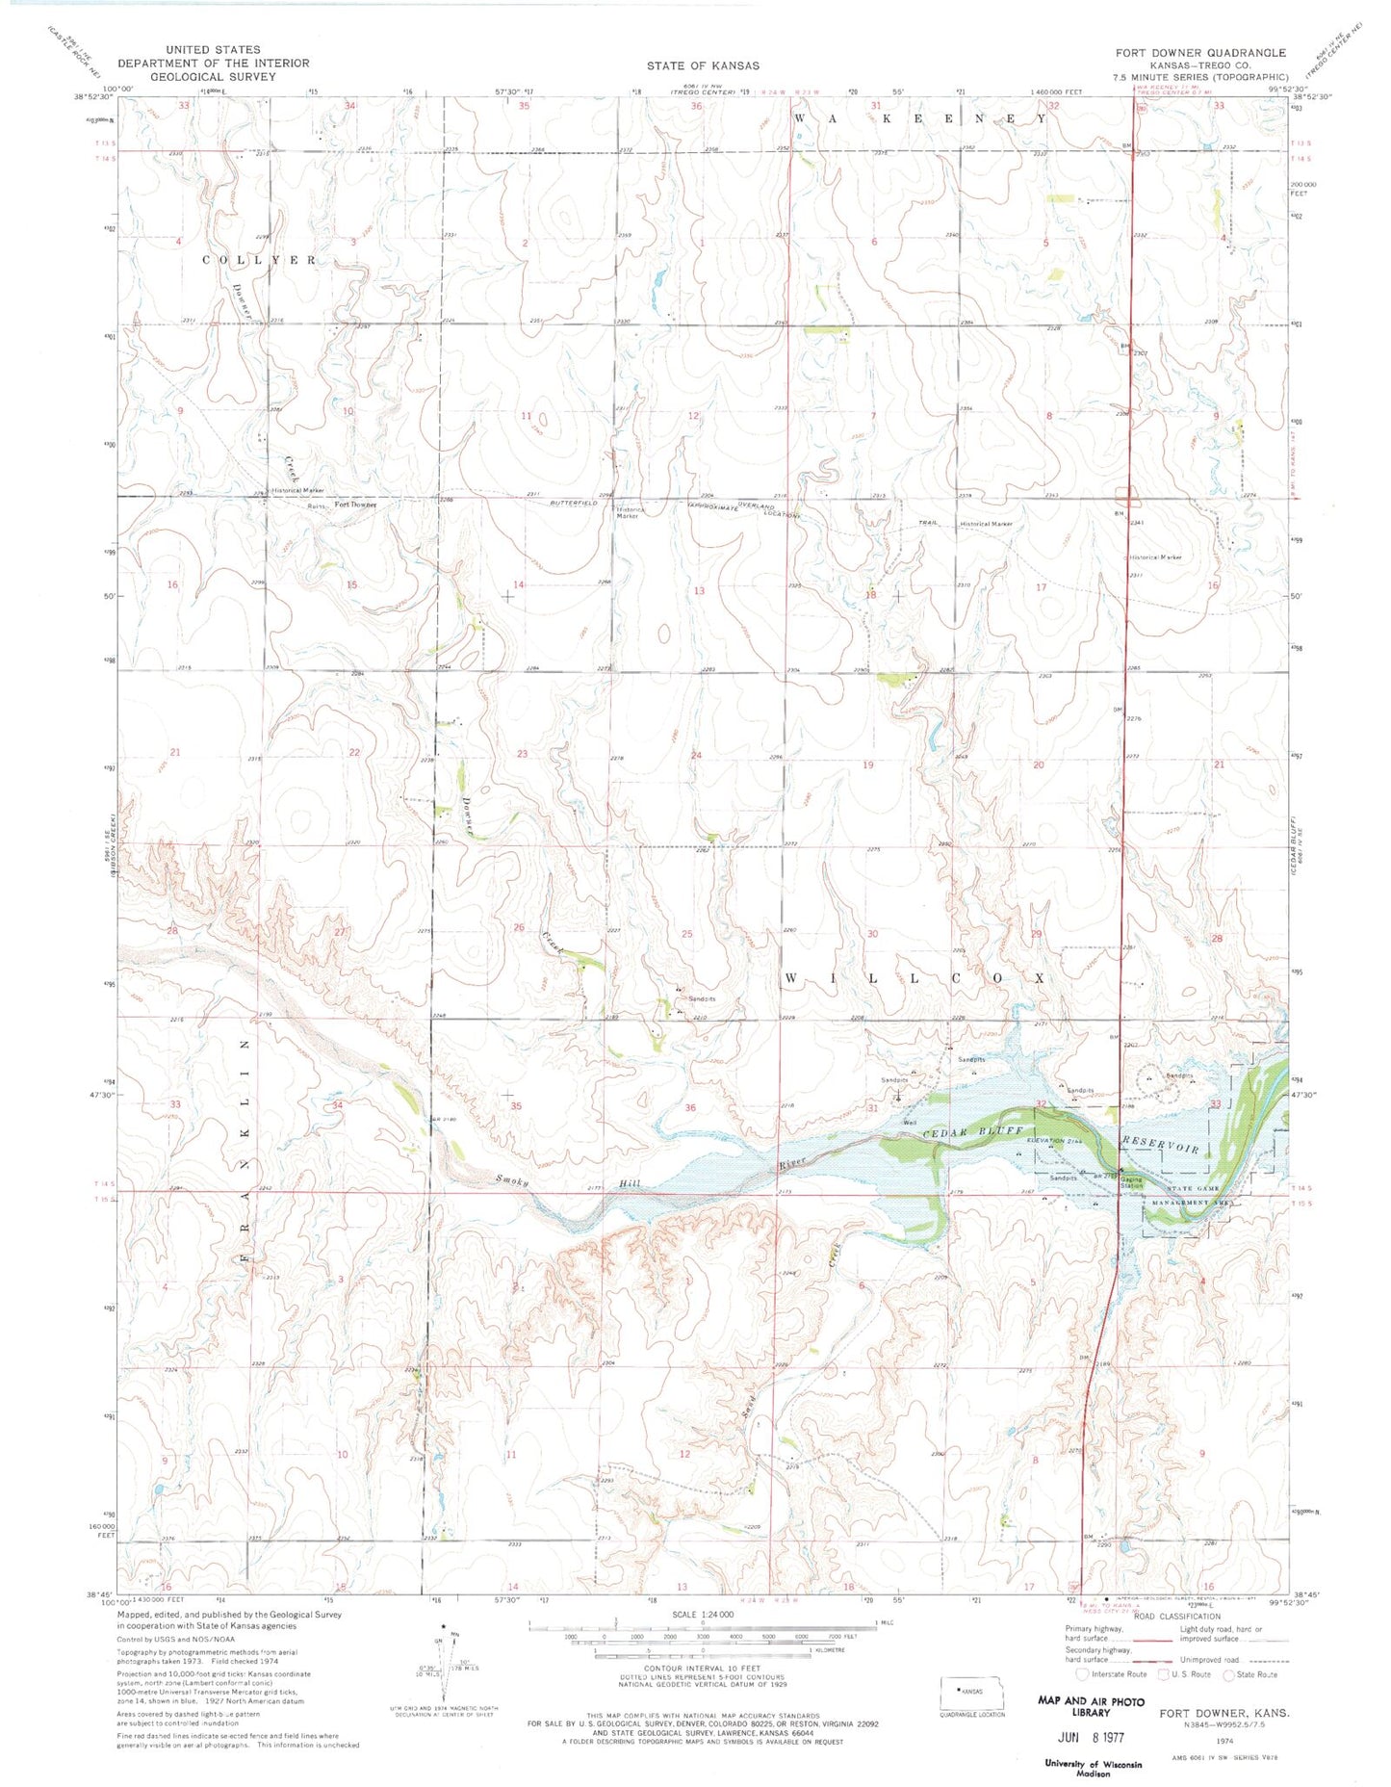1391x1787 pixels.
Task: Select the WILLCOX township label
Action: tap(914, 977)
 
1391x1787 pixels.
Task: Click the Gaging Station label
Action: tap(1130, 1183)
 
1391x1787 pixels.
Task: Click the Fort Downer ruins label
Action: tap(354, 505)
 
